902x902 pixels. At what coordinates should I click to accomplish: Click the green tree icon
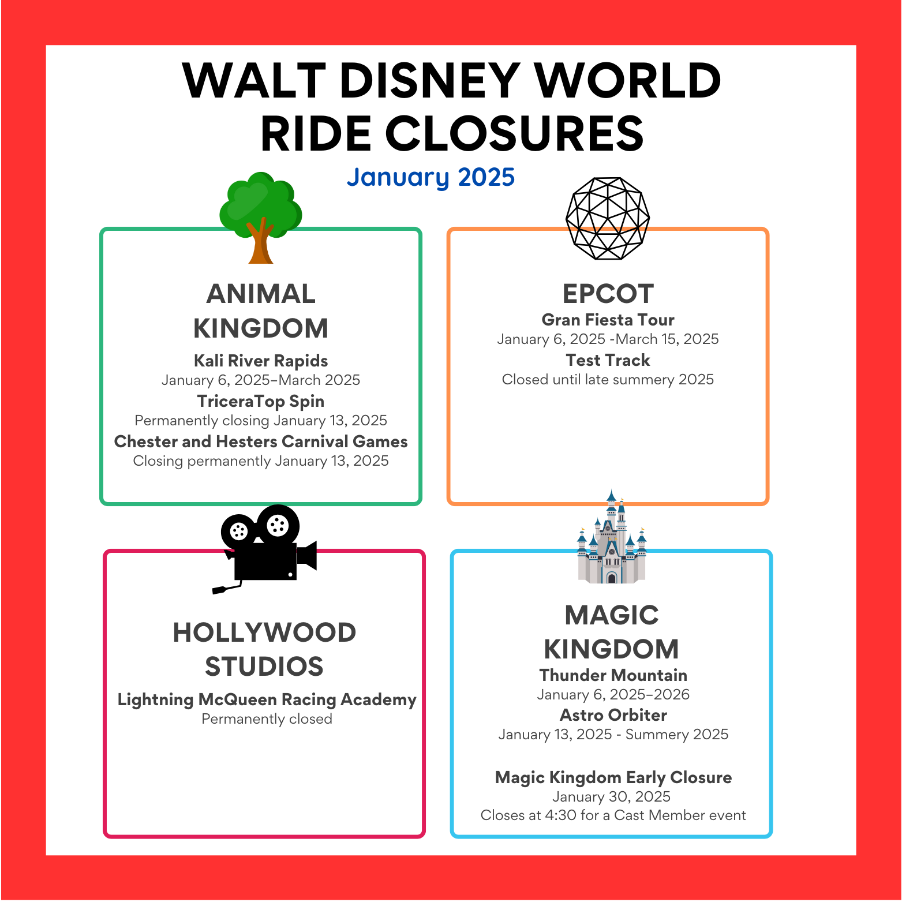(x=261, y=218)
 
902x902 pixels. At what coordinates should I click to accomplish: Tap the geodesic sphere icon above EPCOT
(x=608, y=218)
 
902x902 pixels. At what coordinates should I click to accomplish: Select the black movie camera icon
(x=265, y=549)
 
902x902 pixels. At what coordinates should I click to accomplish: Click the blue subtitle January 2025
(x=431, y=177)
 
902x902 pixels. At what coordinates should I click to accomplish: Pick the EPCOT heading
(x=608, y=294)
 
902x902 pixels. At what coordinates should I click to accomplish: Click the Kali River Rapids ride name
(x=261, y=361)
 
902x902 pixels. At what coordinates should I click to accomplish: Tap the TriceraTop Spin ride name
(x=261, y=401)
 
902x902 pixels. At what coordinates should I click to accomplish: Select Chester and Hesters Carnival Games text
(x=261, y=441)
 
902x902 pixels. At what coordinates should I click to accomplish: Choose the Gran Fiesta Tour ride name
(x=608, y=320)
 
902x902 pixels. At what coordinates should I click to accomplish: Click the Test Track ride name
(x=608, y=360)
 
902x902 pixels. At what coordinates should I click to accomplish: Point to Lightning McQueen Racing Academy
(x=267, y=699)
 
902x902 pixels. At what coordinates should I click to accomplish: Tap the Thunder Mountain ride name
(x=613, y=675)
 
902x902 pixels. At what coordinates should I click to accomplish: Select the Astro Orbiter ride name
(x=613, y=715)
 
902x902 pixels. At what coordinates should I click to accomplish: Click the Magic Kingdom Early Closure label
(x=613, y=777)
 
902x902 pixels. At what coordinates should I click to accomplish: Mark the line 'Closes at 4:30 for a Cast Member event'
(x=613, y=815)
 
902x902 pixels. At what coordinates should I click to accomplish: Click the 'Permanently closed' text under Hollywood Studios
(x=267, y=719)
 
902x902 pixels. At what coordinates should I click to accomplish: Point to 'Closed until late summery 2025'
(x=608, y=380)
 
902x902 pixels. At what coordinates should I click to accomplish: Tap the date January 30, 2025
(x=612, y=797)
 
